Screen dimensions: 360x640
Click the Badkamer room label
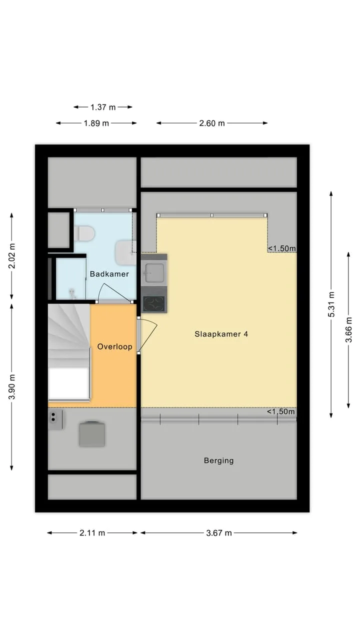[109, 274]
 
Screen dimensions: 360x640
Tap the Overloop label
[114, 346]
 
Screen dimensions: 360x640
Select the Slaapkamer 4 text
[221, 334]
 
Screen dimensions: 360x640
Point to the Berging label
[218, 460]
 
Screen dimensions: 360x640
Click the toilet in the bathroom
[84, 233]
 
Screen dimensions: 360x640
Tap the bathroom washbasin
[125, 252]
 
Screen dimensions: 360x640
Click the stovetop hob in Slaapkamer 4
[154, 303]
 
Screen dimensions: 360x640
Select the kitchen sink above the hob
[154, 273]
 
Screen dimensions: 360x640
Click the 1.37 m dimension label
[103, 107]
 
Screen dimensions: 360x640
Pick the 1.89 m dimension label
[96, 123]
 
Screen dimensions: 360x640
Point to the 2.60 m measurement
[212, 123]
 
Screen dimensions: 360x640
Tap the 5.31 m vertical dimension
[331, 304]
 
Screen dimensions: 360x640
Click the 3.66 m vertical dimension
[348, 329]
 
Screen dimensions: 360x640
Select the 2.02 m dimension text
[11, 256]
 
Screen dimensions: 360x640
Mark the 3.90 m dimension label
[11, 387]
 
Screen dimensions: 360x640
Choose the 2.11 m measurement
[92, 533]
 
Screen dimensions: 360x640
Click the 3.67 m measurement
[219, 533]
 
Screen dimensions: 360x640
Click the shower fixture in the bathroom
[72, 293]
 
